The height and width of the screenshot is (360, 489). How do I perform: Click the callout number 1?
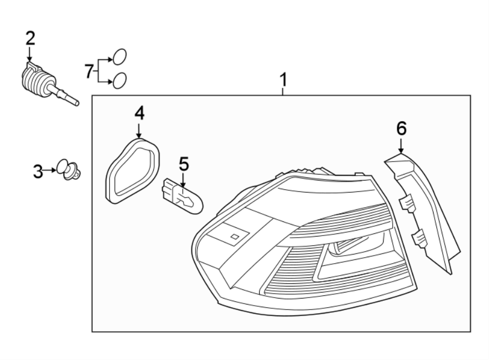(x=283, y=80)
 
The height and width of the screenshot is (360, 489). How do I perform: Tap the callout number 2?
(x=30, y=38)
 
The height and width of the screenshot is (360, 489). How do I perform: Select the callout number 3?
(x=37, y=172)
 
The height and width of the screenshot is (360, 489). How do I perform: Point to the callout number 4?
(x=139, y=113)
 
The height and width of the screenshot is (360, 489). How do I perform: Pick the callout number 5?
(x=184, y=163)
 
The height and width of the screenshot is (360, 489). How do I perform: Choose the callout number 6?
(x=401, y=128)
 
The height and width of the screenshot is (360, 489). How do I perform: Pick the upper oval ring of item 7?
(x=120, y=57)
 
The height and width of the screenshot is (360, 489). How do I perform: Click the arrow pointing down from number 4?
(x=139, y=131)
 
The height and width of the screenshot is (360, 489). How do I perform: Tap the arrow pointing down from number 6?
(x=401, y=146)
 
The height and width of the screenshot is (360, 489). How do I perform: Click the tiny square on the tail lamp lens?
(x=234, y=237)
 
